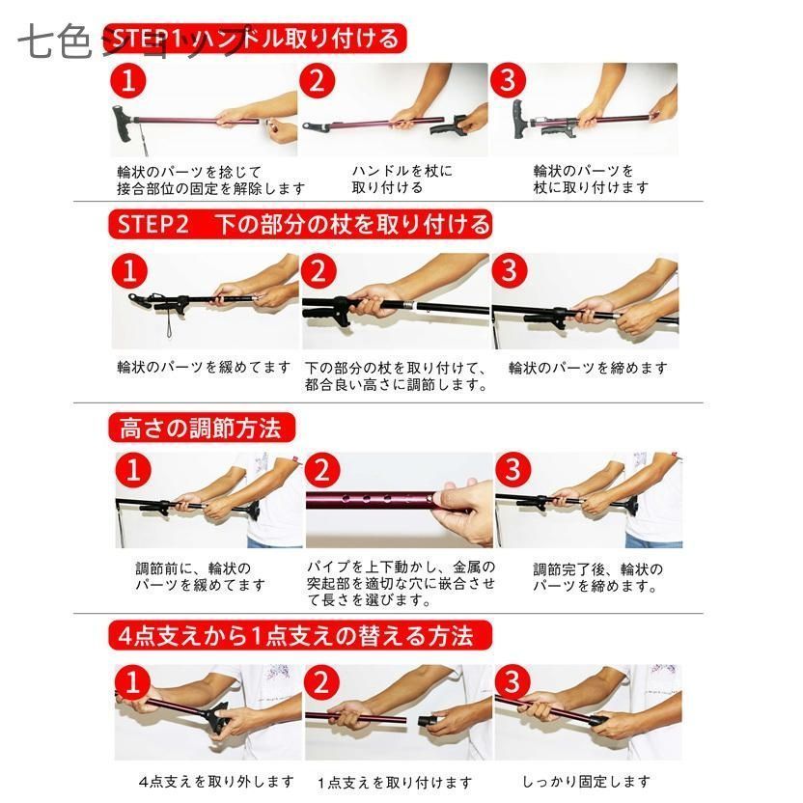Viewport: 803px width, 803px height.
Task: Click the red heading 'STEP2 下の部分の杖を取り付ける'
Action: click(x=300, y=224)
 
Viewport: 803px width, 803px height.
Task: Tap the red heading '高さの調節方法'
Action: click(x=202, y=428)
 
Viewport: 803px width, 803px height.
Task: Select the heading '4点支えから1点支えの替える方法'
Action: click(x=300, y=635)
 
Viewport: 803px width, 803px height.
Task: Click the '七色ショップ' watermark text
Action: click(x=130, y=40)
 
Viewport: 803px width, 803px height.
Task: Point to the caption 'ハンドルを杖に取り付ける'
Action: click(x=402, y=179)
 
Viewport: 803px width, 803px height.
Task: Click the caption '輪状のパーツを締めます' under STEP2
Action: click(x=588, y=368)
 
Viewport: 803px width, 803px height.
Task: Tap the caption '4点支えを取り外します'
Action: click(x=216, y=782)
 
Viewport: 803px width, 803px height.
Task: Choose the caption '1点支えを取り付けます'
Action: click(x=395, y=782)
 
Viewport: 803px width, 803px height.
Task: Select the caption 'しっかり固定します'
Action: click(x=586, y=782)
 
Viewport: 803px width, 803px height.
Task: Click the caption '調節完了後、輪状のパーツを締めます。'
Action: click(x=598, y=577)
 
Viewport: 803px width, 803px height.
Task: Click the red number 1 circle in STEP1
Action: click(x=128, y=80)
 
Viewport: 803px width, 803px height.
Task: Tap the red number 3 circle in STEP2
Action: click(x=509, y=270)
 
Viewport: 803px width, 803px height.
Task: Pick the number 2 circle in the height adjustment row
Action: click(x=322, y=470)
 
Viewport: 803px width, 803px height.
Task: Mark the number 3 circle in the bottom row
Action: click(x=512, y=681)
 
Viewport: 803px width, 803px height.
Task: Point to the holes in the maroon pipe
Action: click(x=378, y=497)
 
